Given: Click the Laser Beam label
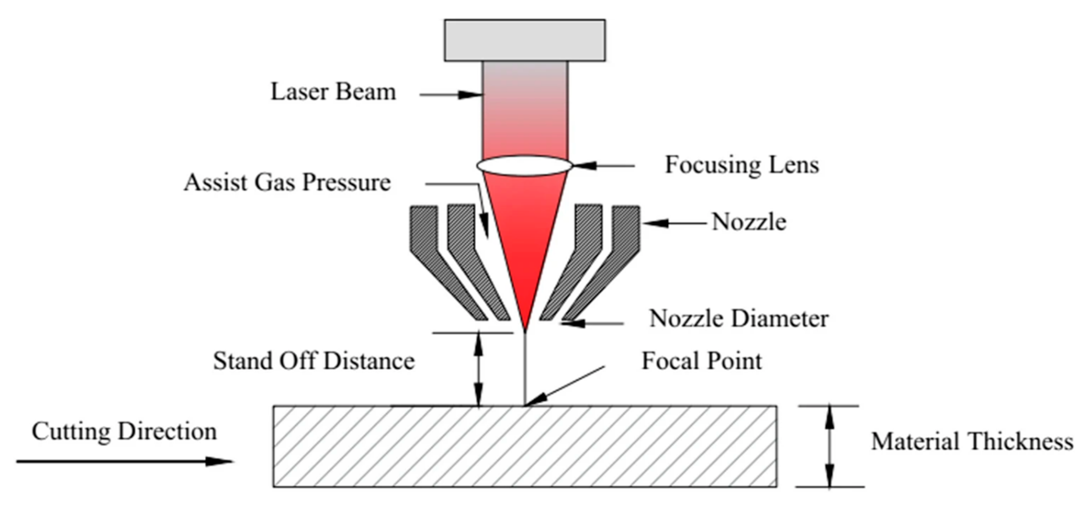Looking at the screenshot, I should (x=333, y=92).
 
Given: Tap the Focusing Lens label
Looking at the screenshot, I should (x=742, y=165).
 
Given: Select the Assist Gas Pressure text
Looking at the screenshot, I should (x=287, y=182).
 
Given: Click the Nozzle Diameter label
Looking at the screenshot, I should (x=738, y=319).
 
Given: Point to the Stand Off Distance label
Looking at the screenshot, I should (x=313, y=361).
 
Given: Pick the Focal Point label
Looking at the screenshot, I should (x=701, y=361).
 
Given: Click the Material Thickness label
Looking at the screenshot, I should (x=972, y=441).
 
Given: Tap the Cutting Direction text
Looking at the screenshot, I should (x=124, y=432).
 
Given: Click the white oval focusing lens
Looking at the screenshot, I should (x=525, y=166).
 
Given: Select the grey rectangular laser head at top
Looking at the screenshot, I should (x=525, y=40).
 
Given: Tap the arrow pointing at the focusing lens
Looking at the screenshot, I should (x=604, y=165).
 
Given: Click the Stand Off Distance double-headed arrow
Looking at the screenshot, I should (x=479, y=369).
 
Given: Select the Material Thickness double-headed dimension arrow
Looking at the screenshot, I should (x=830, y=446).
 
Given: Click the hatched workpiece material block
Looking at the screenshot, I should (x=525, y=446).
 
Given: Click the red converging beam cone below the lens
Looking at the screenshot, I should (x=525, y=241).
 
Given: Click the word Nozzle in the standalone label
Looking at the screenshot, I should (x=749, y=222).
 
